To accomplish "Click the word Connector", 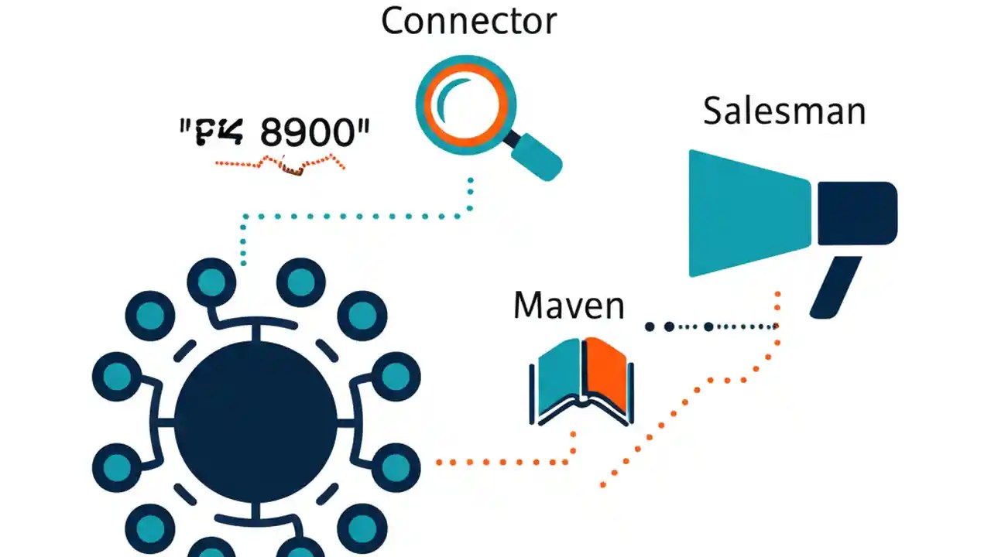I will (468, 21).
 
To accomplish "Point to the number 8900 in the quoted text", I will (310, 133).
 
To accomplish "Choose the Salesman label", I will (784, 111).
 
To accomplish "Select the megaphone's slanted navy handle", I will (835, 286).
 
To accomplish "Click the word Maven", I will (568, 306).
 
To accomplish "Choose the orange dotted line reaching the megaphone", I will (697, 387).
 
